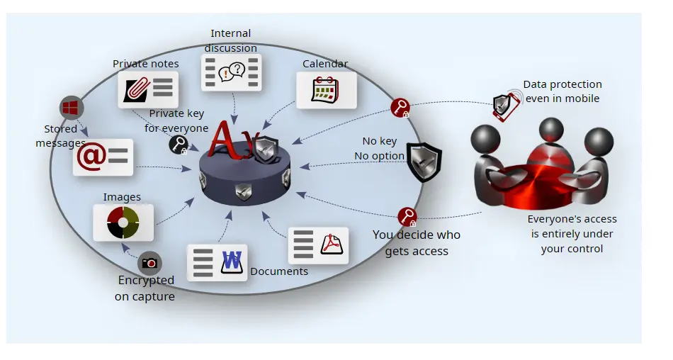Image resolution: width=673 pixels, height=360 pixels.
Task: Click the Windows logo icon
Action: pyautogui.click(x=72, y=108)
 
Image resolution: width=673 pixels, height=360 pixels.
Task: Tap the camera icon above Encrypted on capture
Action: pyautogui.click(x=149, y=263)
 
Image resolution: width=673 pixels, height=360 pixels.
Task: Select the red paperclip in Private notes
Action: pyautogui.click(x=137, y=90)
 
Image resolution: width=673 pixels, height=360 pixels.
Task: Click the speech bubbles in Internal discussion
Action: pyautogui.click(x=232, y=72)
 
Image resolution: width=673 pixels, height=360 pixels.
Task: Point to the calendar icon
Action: pyautogui.click(x=325, y=89)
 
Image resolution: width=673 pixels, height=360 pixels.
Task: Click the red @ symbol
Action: pyautogui.click(x=91, y=157)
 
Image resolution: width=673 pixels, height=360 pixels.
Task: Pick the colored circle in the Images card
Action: pyautogui.click(x=123, y=223)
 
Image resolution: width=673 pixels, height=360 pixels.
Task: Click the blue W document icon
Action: pyautogui.click(x=232, y=262)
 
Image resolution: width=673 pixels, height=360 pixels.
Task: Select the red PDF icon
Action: pyautogui.click(x=332, y=244)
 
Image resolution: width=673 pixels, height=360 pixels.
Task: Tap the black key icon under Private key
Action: pyautogui.click(x=179, y=145)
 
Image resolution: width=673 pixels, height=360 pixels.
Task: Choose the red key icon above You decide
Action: pyautogui.click(x=407, y=217)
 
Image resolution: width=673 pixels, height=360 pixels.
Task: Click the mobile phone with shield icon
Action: pyautogui.click(x=506, y=106)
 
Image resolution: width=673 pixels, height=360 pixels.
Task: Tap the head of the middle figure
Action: pyautogui.click(x=551, y=129)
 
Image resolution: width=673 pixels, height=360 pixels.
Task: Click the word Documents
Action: pyautogui.click(x=279, y=271)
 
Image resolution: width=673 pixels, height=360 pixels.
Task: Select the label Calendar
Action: pyautogui.click(x=325, y=64)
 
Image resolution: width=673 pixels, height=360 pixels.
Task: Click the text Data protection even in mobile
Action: pyautogui.click(x=562, y=91)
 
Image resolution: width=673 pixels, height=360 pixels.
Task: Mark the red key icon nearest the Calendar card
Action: pyautogui.click(x=400, y=108)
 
